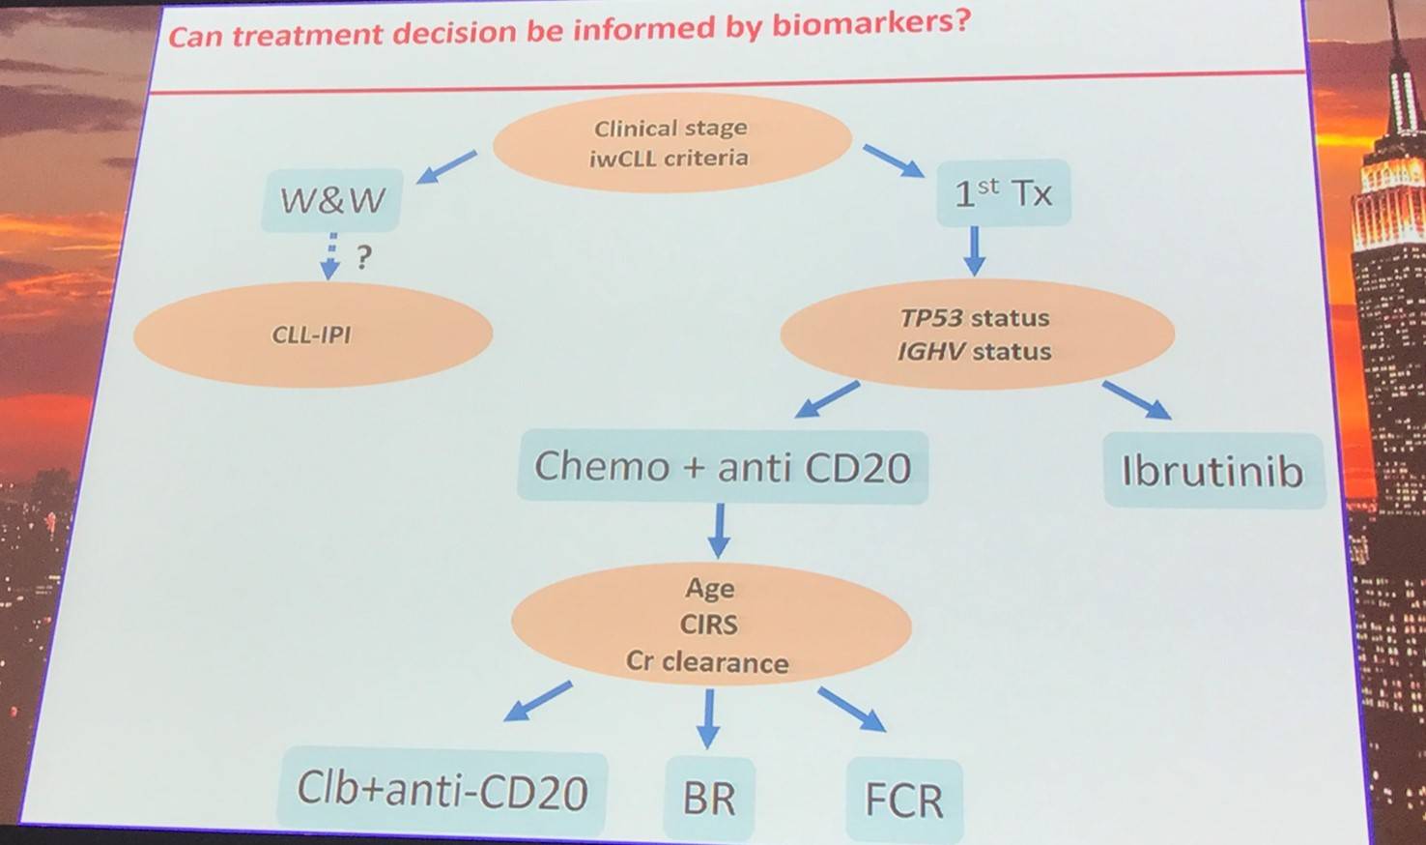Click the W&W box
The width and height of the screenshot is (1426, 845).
[331, 200]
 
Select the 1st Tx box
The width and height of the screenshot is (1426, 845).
[1003, 193]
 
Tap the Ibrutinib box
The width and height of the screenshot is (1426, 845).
[1212, 471]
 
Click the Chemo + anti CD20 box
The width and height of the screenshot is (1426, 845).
[723, 467]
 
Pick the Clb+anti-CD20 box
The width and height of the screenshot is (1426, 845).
[442, 791]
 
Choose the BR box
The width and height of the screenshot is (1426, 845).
[709, 799]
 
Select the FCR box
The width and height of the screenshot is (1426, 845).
[903, 801]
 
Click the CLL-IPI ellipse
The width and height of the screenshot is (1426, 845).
[312, 335]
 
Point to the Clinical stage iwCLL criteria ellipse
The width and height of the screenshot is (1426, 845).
[670, 143]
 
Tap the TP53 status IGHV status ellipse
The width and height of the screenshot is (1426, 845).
[976, 335]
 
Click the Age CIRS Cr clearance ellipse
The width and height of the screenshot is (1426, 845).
[710, 625]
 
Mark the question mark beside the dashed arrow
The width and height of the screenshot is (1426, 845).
[363, 258]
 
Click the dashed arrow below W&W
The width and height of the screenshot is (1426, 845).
[331, 255]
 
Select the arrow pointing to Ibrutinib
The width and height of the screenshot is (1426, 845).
[1136, 399]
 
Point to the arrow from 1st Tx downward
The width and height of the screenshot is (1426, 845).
[974, 250]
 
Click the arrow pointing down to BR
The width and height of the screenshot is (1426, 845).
[708, 717]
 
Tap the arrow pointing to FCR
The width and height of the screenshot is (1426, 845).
[851, 709]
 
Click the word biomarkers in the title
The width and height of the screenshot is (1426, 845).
[870, 24]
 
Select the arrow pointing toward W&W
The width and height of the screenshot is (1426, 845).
[446, 166]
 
